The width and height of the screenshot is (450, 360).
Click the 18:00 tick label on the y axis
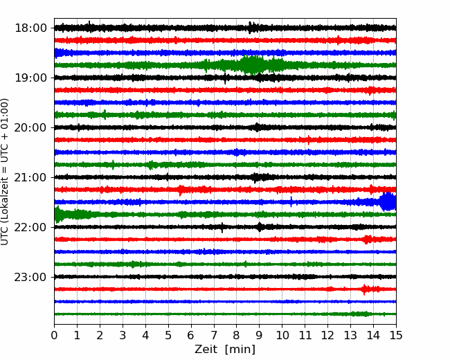[x=30, y=28]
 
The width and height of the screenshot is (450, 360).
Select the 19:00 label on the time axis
[x=30, y=78]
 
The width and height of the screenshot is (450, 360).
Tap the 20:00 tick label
[x=30, y=127]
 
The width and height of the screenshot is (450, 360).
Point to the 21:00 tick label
[x=30, y=177]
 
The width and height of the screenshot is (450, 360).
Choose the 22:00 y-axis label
[x=30, y=227]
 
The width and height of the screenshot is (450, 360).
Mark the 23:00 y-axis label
[x=30, y=277]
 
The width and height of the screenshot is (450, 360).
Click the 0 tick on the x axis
[x=54, y=335]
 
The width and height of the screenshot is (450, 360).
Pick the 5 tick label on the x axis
[x=168, y=335]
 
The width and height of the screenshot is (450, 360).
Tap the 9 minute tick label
[x=259, y=335]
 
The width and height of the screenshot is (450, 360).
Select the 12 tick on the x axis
[x=327, y=335]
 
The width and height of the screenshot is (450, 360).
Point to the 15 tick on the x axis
[x=396, y=335]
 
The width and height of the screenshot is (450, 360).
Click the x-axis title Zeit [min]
[x=225, y=349]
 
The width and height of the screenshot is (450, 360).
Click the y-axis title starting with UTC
[x=5, y=172]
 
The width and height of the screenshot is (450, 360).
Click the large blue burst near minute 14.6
[x=388, y=202]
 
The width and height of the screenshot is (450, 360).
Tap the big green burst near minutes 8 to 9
[x=253, y=65]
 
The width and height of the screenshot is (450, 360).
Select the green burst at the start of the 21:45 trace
[x=59, y=215]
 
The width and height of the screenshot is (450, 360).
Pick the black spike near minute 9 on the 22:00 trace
[x=260, y=227]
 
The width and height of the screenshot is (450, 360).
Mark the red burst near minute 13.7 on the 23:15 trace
[x=365, y=289]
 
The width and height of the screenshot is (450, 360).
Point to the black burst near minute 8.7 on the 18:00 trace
[x=251, y=28]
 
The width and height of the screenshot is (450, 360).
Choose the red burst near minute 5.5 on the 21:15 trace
[x=181, y=190]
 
